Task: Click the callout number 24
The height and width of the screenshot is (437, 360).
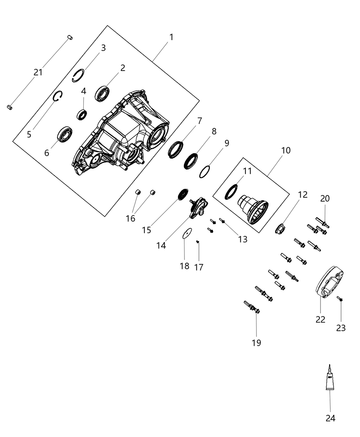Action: (x=330, y=418)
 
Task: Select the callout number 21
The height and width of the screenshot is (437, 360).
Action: (x=38, y=72)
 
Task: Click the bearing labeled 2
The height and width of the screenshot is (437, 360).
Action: (x=103, y=94)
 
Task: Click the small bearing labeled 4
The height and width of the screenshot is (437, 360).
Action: (x=82, y=114)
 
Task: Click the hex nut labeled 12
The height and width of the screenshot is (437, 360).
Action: (x=281, y=228)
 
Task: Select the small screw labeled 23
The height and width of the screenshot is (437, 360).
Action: (x=340, y=299)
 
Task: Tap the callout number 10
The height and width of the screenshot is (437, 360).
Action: (x=286, y=150)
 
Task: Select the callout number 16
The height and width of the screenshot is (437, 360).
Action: (x=131, y=218)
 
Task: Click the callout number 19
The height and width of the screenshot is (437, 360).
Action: (x=256, y=342)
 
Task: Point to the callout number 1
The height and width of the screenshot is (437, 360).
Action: (x=171, y=37)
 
